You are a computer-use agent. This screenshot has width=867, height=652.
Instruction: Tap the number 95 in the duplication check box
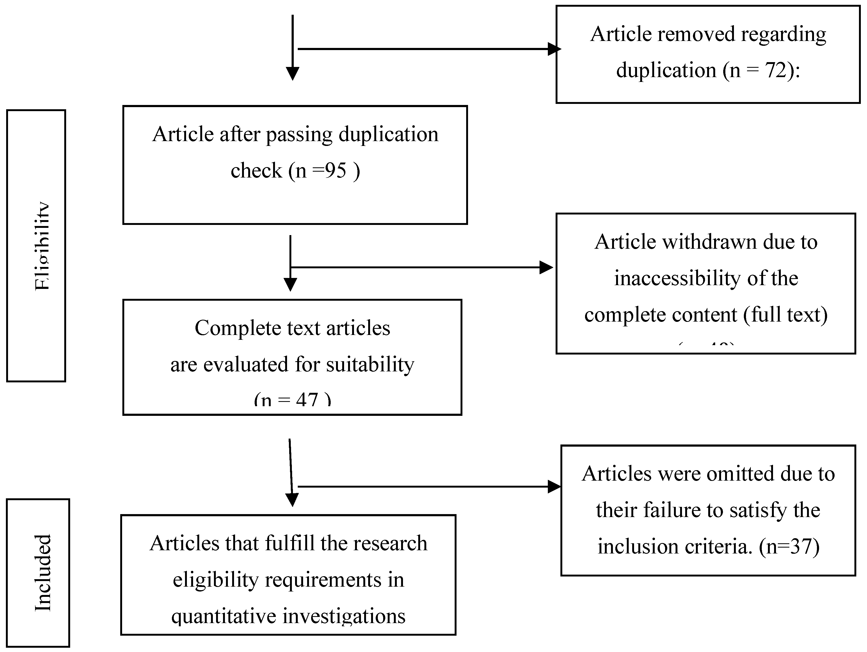coord(336,171)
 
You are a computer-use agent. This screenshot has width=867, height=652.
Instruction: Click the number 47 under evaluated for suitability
coord(307,400)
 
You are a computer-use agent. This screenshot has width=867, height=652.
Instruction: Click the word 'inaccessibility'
coord(677,278)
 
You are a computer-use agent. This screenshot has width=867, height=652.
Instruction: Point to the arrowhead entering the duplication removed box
coord(554,49)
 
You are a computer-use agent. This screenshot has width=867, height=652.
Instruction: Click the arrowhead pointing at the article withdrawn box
coord(546,267)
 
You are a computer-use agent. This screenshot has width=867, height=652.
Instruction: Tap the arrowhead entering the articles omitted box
coord(554,487)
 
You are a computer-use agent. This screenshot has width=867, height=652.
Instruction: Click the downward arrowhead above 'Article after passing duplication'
coord(292,73)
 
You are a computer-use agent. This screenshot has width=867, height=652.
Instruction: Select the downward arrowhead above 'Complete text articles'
coord(290,284)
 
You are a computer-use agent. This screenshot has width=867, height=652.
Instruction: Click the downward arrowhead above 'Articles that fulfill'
coord(292,499)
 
